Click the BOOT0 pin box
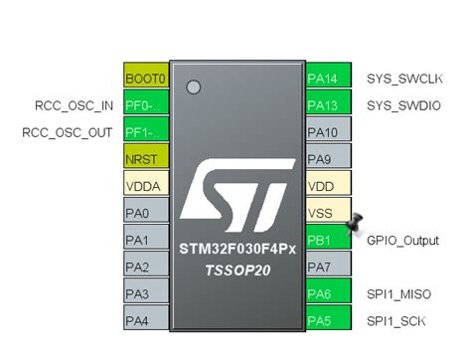[x=145, y=78]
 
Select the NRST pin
[x=145, y=159]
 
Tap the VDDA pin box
[x=145, y=186]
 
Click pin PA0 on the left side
[x=145, y=213]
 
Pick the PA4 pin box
[x=145, y=320]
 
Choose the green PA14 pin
[x=325, y=78]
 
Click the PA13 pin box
[x=325, y=104]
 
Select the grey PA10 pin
[x=325, y=131]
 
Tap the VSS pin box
[x=325, y=213]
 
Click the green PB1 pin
[x=325, y=240]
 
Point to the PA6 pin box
[x=325, y=293]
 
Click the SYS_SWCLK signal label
[x=403, y=78]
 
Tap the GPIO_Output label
[x=402, y=240]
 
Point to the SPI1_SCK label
[x=396, y=320]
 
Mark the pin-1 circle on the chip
[x=194, y=88]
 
